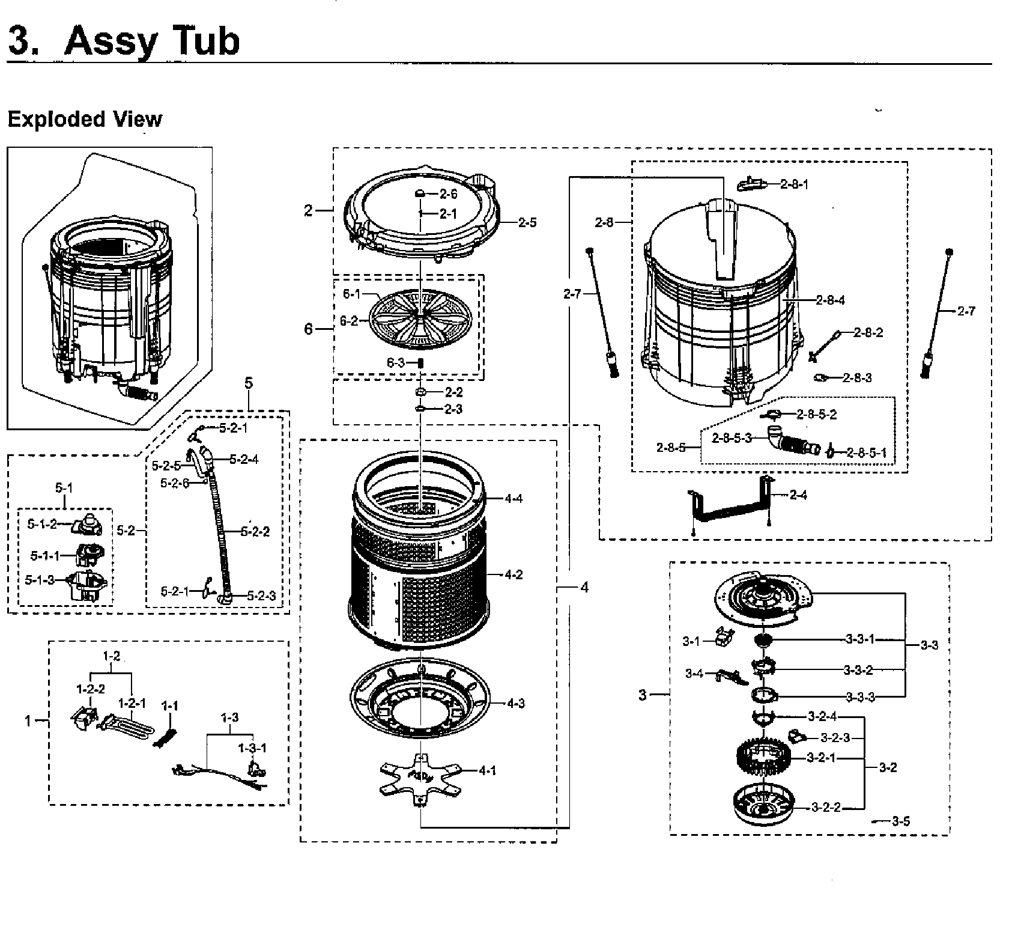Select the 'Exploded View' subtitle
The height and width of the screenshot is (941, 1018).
point(85,119)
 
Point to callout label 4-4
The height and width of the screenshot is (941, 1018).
point(514,498)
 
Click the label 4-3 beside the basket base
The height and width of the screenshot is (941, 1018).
point(515,703)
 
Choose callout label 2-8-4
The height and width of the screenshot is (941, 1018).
point(830,300)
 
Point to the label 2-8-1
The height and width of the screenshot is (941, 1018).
point(794,184)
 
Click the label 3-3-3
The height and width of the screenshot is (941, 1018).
point(860,697)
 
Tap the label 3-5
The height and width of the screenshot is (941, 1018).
point(900,821)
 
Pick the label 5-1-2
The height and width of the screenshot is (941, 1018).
point(41,524)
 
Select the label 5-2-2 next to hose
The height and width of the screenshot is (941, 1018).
point(255,531)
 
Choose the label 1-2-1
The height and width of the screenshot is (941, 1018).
point(132,702)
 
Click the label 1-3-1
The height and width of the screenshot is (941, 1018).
point(252,748)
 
